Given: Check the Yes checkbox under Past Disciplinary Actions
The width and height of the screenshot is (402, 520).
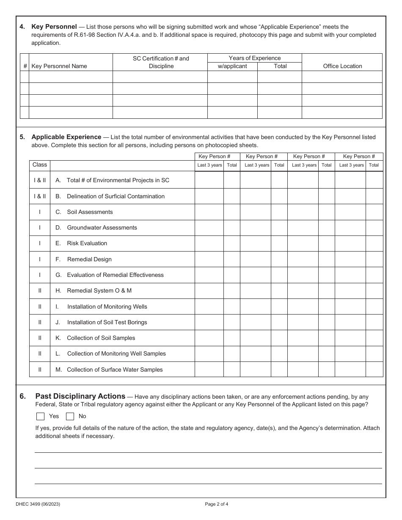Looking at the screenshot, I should click(x=41, y=416).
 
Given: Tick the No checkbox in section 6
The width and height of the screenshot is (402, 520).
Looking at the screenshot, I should click(x=70, y=416).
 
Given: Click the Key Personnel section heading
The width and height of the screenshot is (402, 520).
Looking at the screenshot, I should click(x=54, y=27).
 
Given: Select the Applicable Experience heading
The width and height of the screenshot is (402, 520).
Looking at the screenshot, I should click(x=66, y=137).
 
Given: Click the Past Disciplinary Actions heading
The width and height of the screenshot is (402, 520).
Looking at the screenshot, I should click(x=80, y=396).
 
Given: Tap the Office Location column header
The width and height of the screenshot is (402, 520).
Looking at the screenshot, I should click(x=342, y=66).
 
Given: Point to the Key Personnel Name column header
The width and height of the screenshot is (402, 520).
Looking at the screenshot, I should click(x=59, y=66).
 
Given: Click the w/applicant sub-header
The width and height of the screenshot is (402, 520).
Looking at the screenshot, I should click(x=232, y=66).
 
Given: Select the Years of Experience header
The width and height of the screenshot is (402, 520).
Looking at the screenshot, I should click(x=254, y=58).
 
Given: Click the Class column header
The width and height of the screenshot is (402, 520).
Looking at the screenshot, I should click(x=40, y=164).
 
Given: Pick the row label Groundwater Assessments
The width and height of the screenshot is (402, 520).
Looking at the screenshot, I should click(x=102, y=227).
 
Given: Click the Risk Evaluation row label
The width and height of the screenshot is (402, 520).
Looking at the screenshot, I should click(x=87, y=243).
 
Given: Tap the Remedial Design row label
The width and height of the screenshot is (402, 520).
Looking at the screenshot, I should click(x=89, y=259).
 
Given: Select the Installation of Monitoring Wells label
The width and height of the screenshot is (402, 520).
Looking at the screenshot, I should click(x=107, y=307).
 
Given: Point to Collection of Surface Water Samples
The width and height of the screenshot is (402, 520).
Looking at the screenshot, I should click(x=115, y=369).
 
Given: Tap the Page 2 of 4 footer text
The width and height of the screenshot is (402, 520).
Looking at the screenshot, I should click(x=216, y=504).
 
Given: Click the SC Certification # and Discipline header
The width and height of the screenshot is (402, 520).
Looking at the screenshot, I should click(x=161, y=62).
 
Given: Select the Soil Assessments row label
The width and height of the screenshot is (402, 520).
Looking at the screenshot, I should click(x=90, y=212).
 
